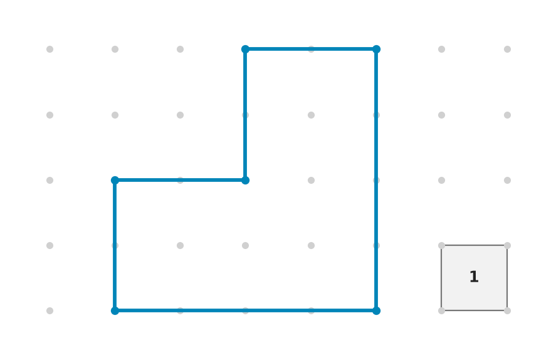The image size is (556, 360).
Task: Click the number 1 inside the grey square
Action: (474, 277)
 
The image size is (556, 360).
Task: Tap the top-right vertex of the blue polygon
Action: (376, 50)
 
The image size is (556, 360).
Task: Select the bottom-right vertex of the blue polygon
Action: (376, 310)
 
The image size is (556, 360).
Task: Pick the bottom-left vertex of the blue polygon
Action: (115, 310)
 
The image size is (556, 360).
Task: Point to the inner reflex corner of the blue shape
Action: (245, 180)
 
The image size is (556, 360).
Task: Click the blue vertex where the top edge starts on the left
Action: (245, 50)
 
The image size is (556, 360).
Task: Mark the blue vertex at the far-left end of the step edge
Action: (115, 180)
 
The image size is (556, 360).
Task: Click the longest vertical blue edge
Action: (376, 180)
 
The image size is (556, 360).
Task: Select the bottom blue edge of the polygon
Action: (245, 310)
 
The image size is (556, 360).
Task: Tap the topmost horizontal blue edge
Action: (311, 50)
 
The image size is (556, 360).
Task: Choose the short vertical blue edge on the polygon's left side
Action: (115, 245)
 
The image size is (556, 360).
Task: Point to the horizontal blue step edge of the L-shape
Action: (180, 180)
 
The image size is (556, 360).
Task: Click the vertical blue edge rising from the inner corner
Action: (245, 115)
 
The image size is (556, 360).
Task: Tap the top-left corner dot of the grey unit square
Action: (441, 245)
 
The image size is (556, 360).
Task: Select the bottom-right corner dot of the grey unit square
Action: (508, 310)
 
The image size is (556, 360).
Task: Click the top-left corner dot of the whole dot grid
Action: (50, 50)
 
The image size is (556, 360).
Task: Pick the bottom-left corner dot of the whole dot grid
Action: (50, 310)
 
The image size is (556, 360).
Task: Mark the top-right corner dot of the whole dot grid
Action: (508, 50)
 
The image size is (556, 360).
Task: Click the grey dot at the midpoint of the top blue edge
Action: (311, 50)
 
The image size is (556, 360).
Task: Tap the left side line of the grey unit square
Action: (441, 278)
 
